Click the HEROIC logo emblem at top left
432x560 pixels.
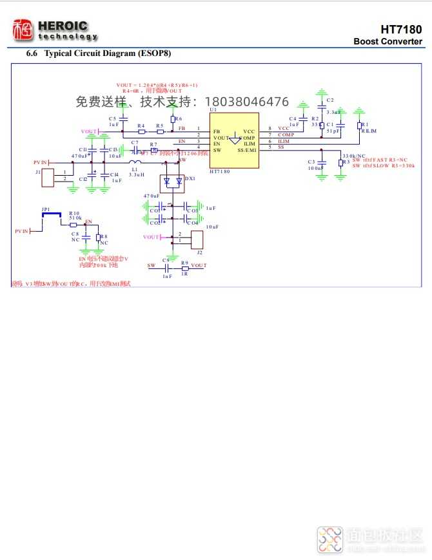tap(23, 30)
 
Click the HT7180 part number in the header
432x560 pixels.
tap(401, 30)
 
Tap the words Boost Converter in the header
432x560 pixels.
tap(388, 42)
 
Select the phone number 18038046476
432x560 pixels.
tap(246, 102)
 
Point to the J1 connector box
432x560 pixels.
tap(48, 178)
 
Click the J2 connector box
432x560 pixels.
tap(197, 240)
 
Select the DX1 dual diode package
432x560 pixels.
tap(171, 182)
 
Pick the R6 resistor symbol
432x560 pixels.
tap(172, 119)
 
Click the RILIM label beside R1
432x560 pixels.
tap(369, 131)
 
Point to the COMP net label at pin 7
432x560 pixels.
tap(286, 135)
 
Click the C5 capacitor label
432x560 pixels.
tap(112, 118)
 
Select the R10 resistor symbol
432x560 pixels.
tap(73, 225)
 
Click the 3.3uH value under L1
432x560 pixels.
tap(136, 174)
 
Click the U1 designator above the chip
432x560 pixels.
tap(213, 111)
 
